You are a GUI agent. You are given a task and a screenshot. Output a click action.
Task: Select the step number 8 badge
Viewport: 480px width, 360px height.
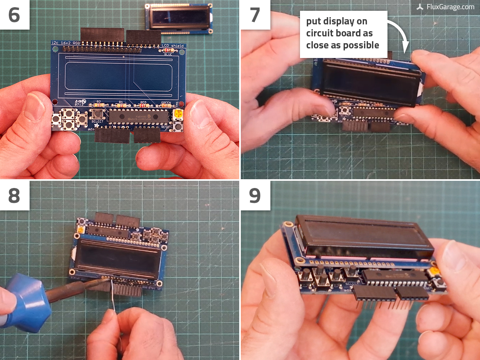pos(14,196)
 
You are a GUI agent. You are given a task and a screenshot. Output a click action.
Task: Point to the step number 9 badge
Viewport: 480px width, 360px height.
pos(255,196)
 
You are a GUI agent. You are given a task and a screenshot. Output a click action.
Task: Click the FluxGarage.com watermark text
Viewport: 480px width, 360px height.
pos(450,7)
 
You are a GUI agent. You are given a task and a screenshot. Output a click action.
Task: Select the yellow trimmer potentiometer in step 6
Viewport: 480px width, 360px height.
pos(178,115)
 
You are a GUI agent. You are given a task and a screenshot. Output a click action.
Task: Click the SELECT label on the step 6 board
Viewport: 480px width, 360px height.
pos(97,122)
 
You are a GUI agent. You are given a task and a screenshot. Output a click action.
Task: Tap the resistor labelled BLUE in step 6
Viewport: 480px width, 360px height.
pos(168,50)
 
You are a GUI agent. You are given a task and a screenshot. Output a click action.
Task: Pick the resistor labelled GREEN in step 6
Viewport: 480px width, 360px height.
pos(166,106)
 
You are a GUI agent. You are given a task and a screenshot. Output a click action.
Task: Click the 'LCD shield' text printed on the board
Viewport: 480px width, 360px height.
pos(172,46)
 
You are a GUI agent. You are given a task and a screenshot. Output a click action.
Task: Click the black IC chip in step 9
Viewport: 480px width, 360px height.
pos(394,278)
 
